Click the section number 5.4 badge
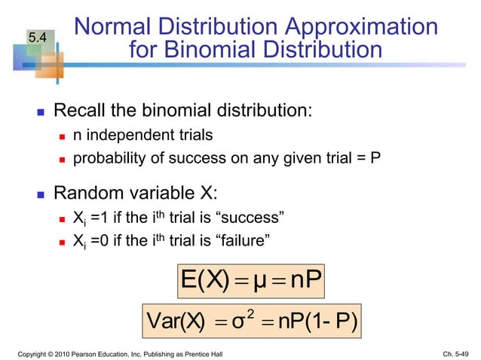click(x=37, y=37)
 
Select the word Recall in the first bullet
click(x=81, y=112)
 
